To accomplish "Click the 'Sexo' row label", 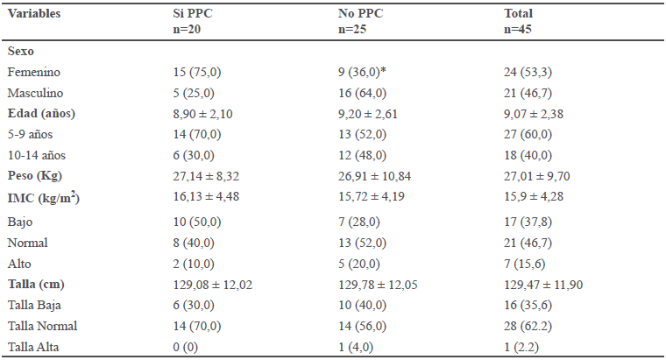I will (x=21, y=53).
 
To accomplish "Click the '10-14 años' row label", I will (x=37, y=153).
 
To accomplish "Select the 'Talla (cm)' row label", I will (x=36, y=285).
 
